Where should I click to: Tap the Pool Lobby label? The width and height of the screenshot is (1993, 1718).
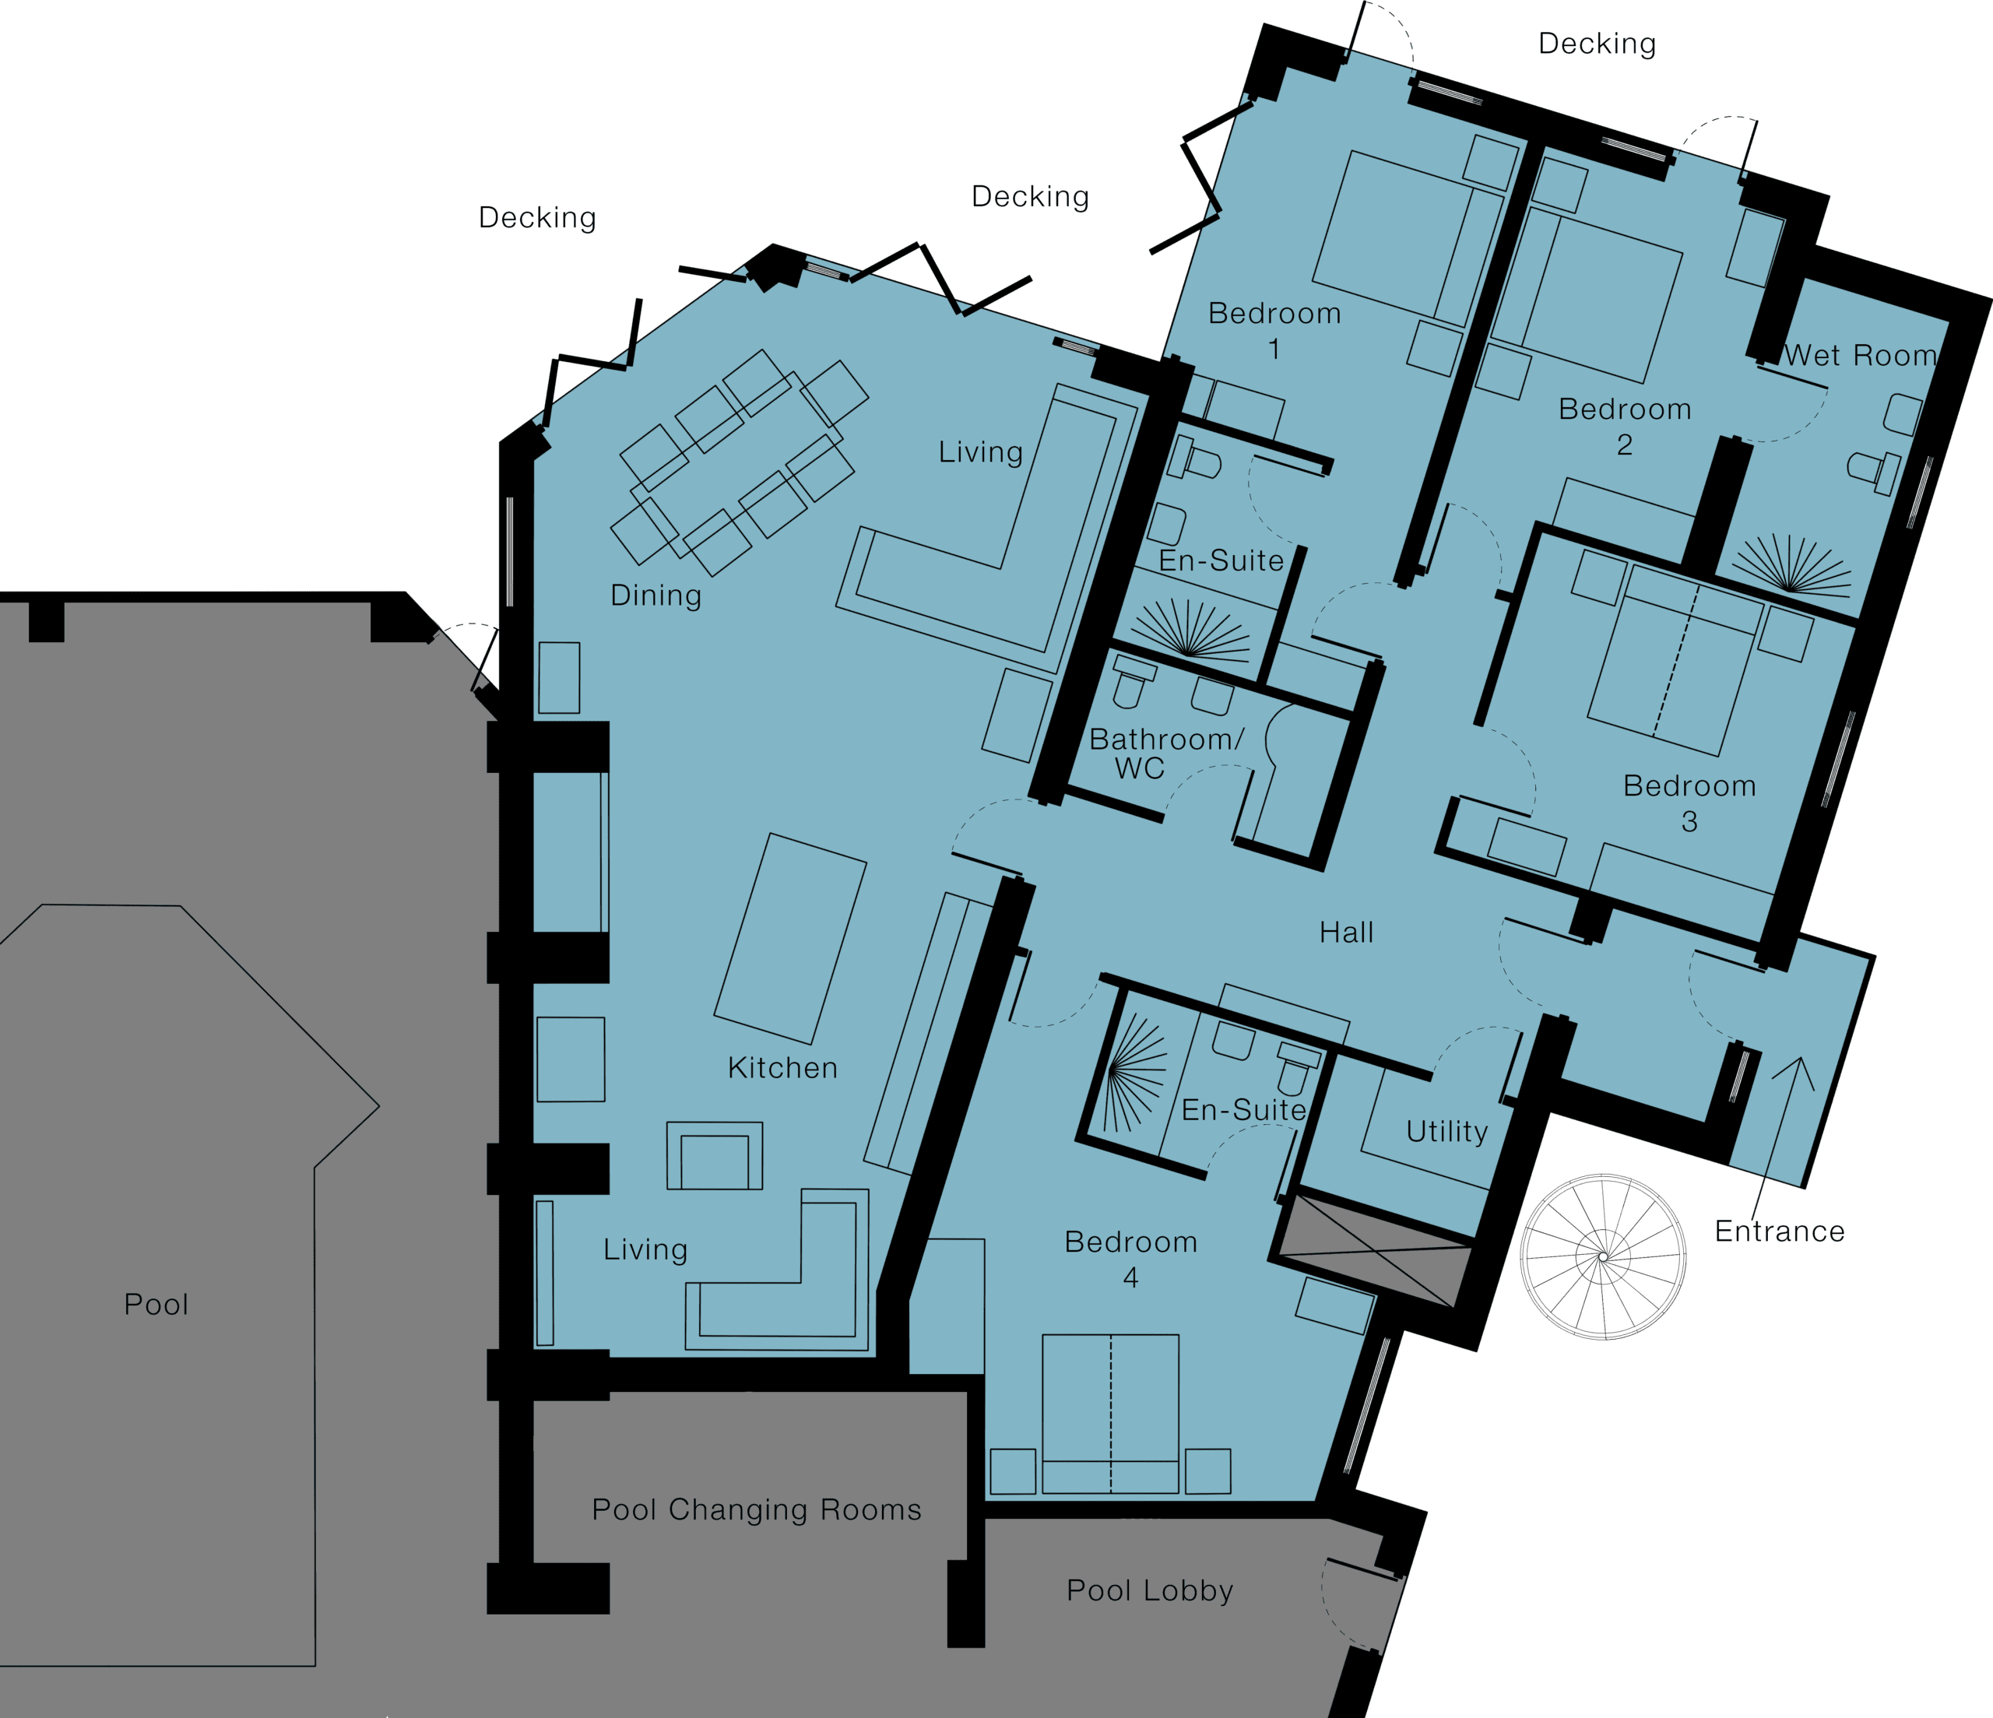(x=1149, y=1590)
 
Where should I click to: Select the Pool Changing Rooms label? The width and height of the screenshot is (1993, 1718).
(x=756, y=1509)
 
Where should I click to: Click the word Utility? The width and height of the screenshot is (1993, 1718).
(x=1446, y=1131)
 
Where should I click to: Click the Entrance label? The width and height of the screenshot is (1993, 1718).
(x=1780, y=1231)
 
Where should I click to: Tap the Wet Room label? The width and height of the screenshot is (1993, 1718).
(x=1860, y=355)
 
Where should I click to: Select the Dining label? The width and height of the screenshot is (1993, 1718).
(x=656, y=596)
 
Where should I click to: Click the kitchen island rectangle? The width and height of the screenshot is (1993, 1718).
(x=789, y=939)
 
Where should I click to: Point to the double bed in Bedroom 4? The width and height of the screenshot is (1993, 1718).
(x=1110, y=1413)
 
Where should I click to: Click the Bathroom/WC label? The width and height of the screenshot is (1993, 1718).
(x=1165, y=754)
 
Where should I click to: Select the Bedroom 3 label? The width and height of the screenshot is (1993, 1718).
(x=1689, y=803)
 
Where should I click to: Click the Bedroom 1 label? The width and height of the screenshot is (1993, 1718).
(x=1274, y=330)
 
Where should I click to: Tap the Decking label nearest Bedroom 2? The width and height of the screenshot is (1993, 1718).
(x=1597, y=44)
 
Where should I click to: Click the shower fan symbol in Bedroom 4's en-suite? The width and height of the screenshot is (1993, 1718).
(x=1135, y=1073)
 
